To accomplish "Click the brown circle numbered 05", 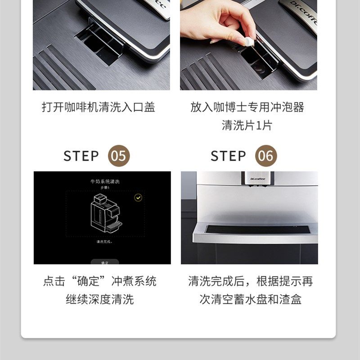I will coord(119,156).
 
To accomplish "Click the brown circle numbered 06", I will coord(266,156).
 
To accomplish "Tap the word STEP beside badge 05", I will coord(81,156).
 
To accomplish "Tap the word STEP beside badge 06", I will coord(228,156).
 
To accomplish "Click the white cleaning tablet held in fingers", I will coord(249,41).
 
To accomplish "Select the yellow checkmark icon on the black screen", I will coord(138,198).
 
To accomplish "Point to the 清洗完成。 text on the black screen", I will coord(104,242).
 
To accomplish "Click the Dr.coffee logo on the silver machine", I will coord(258,179).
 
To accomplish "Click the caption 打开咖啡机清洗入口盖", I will coord(99,107).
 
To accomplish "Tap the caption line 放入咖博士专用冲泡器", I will coord(247,107).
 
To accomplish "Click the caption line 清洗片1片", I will coord(247,125).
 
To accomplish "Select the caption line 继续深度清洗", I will coord(100,299).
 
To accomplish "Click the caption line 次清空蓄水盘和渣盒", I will coord(250,299).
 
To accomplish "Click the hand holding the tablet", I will coord(216,22).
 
